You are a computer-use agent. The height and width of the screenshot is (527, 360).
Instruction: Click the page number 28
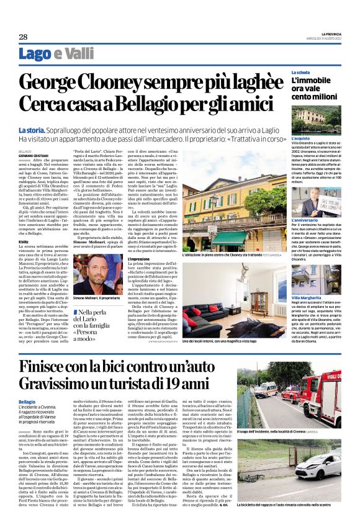(x=22, y=37)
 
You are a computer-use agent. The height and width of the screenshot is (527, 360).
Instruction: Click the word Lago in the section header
(x=35, y=54)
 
